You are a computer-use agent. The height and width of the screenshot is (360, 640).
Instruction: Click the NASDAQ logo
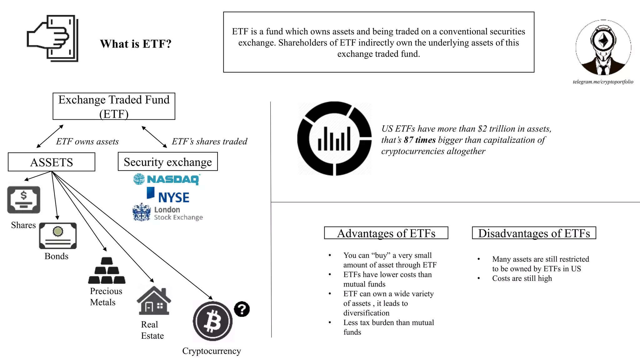point(167,179)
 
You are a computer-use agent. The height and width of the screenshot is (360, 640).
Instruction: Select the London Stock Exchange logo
point(167,213)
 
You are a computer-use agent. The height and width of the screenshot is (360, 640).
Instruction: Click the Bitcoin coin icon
point(212,321)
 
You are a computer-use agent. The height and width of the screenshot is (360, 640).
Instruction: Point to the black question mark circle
point(242,309)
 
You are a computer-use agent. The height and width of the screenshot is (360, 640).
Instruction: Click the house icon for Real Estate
point(154,301)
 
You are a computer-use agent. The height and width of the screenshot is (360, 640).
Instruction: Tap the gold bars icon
point(107,271)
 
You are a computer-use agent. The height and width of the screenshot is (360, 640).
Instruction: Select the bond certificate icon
point(58,236)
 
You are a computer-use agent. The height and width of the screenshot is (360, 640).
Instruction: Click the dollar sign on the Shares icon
point(24,196)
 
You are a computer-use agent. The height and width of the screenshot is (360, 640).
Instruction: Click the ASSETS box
point(52,162)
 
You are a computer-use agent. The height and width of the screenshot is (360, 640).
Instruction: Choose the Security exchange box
point(167,162)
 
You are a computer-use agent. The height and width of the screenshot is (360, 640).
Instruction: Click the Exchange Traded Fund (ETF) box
point(114,106)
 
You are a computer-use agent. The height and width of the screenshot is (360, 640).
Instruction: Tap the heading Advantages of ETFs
point(386,233)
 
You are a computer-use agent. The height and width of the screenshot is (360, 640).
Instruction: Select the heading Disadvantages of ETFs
point(534,233)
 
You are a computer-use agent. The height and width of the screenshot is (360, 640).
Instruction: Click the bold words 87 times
point(420,140)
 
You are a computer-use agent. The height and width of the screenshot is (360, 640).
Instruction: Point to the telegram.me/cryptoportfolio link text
point(603,82)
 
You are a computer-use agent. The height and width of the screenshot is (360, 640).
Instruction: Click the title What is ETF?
point(136,44)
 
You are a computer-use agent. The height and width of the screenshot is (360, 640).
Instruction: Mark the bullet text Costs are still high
point(522,278)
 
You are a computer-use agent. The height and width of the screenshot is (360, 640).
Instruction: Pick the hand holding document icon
point(52,38)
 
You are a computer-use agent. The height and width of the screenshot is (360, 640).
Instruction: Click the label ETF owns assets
point(87,142)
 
